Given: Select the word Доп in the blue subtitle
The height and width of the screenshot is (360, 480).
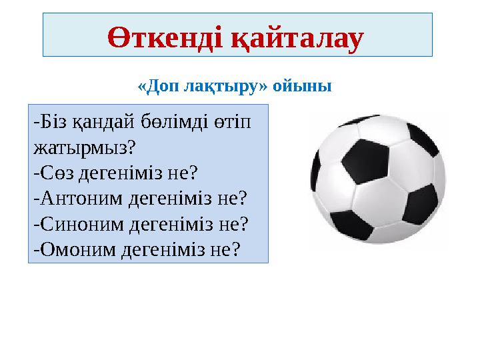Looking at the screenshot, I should pos(161,87).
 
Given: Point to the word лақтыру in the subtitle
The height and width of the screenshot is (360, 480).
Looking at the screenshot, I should pos(215,87).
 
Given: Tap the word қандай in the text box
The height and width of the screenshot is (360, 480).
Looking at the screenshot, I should pos(104,122).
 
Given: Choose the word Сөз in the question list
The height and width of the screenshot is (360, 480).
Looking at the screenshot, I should pos(56,172).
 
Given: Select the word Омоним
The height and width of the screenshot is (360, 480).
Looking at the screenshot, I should pos(75,248).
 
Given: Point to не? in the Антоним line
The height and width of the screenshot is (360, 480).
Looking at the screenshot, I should pos(234,197).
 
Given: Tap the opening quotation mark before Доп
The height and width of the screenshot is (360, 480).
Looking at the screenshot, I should pos(141,87).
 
